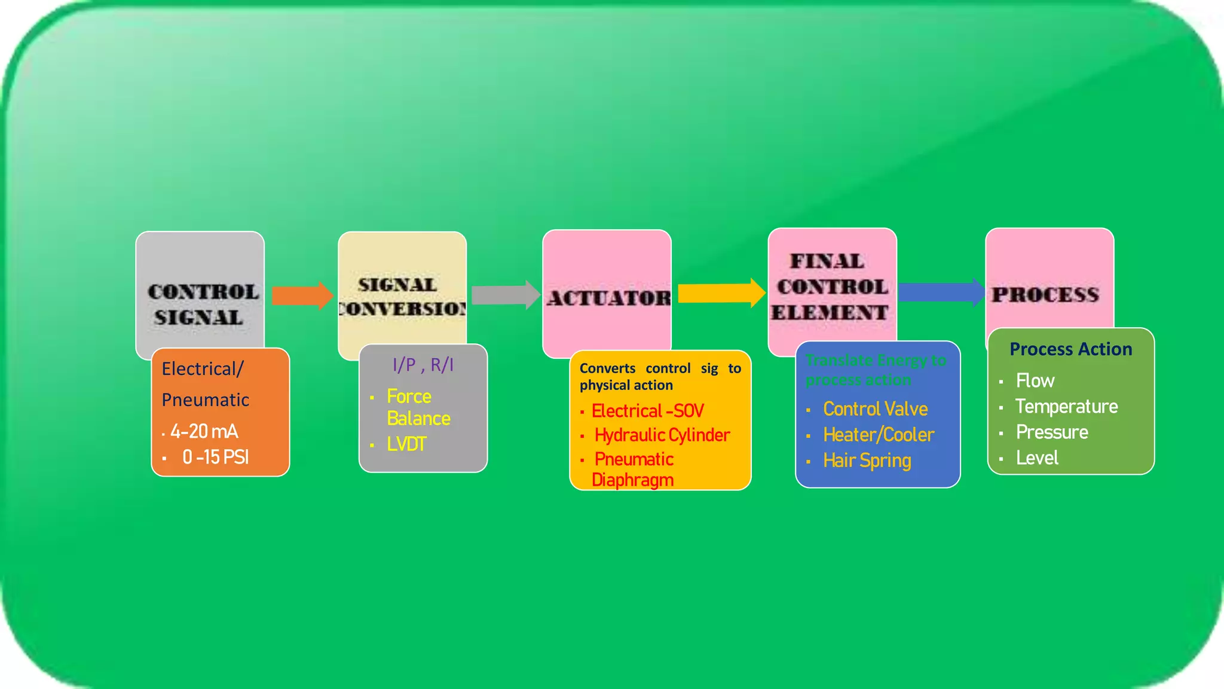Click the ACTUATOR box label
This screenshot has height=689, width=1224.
coord(608,298)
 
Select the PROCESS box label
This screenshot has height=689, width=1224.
coord(1045,294)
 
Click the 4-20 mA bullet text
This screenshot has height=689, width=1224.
coord(204,431)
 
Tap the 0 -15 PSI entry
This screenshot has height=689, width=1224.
coord(215,458)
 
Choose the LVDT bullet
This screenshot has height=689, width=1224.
coord(406,444)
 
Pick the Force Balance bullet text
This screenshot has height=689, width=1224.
coord(418,407)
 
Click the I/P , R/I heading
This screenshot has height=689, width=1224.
coord(423,365)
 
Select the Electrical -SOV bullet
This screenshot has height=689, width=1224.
coord(647,411)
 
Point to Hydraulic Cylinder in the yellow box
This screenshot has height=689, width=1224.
coord(662,435)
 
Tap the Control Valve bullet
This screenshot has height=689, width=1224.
coord(875,409)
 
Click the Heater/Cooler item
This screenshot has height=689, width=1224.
coord(878,435)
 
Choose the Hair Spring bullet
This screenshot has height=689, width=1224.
coord(867,461)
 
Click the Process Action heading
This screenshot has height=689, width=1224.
coord(1070,349)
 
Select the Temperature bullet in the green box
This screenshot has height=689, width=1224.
coord(1066,407)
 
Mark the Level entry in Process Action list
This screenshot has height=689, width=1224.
coord(1037,458)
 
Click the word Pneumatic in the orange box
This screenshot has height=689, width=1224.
coord(205,400)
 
